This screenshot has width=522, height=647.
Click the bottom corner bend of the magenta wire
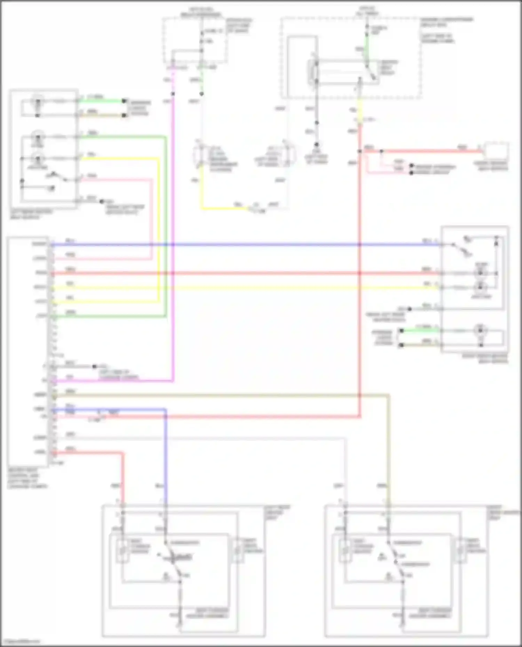pyautogui.click(x=173, y=381)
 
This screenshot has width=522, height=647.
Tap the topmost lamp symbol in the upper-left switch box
pyautogui.click(x=38, y=102)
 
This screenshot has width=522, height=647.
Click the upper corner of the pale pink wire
pyautogui.click(x=151, y=180)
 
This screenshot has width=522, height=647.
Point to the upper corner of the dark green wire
pyautogui.click(x=165, y=137)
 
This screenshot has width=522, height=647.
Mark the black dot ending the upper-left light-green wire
pyautogui.click(x=124, y=101)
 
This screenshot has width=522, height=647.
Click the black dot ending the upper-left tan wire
pyautogui.click(x=124, y=115)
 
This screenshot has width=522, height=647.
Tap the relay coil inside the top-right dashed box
pyautogui.click(x=312, y=72)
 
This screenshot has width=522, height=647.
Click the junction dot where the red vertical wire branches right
pyautogui.click(x=360, y=151)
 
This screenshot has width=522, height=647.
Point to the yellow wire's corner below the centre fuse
pyautogui.click(x=202, y=208)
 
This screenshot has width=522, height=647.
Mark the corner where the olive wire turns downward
pyautogui.click(x=388, y=395)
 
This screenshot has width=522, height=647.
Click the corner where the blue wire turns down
pyautogui.click(x=165, y=410)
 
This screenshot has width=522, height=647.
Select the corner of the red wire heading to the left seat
pyautogui.click(x=122, y=453)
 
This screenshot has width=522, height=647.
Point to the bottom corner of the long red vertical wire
pyautogui.click(x=360, y=416)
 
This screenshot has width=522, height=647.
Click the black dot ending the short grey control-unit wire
pyautogui.click(x=94, y=366)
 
